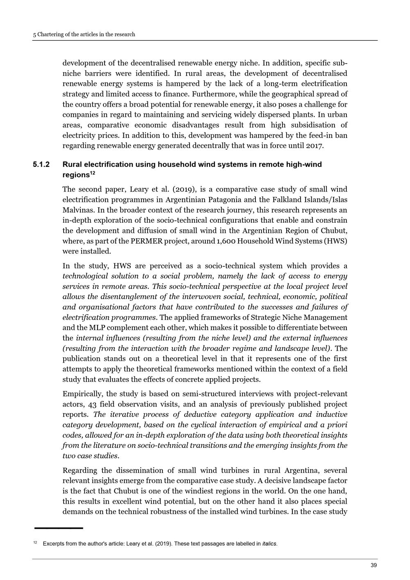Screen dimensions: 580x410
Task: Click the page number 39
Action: click(x=374, y=566)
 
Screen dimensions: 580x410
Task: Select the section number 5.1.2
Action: click(x=41, y=164)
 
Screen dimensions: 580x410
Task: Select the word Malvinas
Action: click(x=79, y=210)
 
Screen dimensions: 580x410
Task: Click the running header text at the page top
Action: click(x=84, y=34)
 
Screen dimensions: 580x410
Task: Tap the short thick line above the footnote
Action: click(x=59, y=528)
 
